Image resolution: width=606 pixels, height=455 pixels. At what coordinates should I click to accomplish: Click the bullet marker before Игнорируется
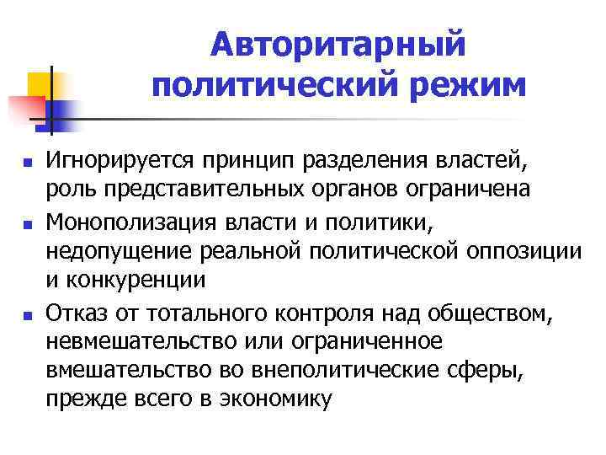[x=28, y=161]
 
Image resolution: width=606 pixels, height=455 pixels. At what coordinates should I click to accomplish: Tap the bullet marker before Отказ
[x=28, y=315]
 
